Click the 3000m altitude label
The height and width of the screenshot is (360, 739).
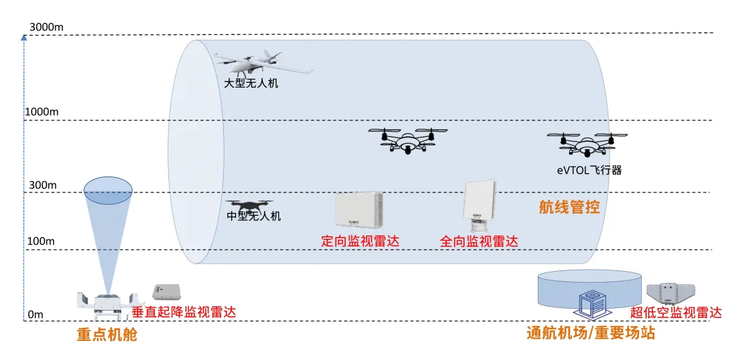pos(47,27)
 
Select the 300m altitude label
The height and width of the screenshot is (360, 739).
pos(40,185)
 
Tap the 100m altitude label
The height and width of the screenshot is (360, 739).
pos(40,242)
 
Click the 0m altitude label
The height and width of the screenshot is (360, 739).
pos(35,314)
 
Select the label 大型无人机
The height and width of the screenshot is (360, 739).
pos(252,83)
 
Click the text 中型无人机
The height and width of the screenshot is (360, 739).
pos(253,217)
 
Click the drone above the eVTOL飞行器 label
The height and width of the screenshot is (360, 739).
pos(587,142)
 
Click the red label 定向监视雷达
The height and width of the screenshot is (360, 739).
pos(360,241)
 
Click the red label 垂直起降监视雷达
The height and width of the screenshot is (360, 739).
pos(184,312)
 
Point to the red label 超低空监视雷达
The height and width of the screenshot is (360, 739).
pos(676,312)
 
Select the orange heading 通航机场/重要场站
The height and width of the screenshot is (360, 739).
pos(591,333)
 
